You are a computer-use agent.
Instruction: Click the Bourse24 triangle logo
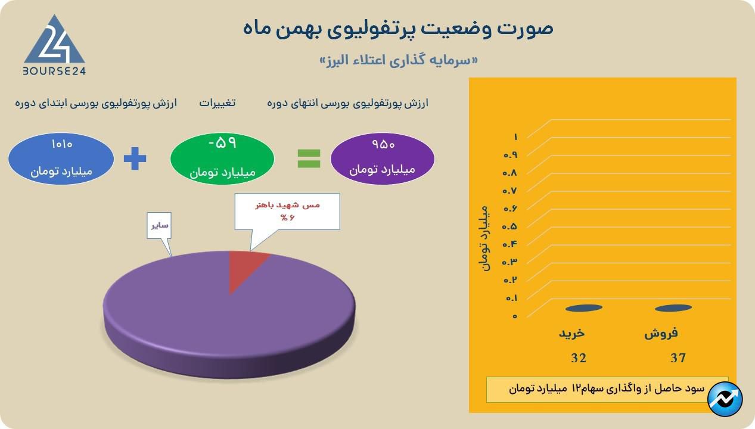[54, 45]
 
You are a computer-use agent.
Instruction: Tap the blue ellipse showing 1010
[61, 158]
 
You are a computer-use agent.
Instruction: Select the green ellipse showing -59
[222, 158]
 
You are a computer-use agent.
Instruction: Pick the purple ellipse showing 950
[382, 158]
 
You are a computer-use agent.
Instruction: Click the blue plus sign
[135, 158]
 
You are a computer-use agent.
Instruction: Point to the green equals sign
[309, 158]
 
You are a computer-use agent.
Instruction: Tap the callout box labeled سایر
[159, 225]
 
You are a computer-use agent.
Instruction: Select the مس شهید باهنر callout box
[287, 212]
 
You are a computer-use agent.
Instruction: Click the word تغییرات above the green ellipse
[217, 103]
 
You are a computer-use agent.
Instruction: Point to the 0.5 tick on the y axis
[509, 226]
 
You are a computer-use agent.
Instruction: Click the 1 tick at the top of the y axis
[515, 137]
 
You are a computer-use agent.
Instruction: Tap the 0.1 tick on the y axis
[511, 299]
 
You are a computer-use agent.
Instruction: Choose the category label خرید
[572, 333]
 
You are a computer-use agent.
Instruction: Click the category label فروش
[661, 333]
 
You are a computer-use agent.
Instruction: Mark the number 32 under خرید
[579, 358]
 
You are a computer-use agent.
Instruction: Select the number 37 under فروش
[678, 358]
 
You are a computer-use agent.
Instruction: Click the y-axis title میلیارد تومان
[484, 238]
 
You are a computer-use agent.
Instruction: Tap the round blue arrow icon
[725, 399]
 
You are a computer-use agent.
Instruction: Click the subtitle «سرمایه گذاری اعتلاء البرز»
[399, 61]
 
